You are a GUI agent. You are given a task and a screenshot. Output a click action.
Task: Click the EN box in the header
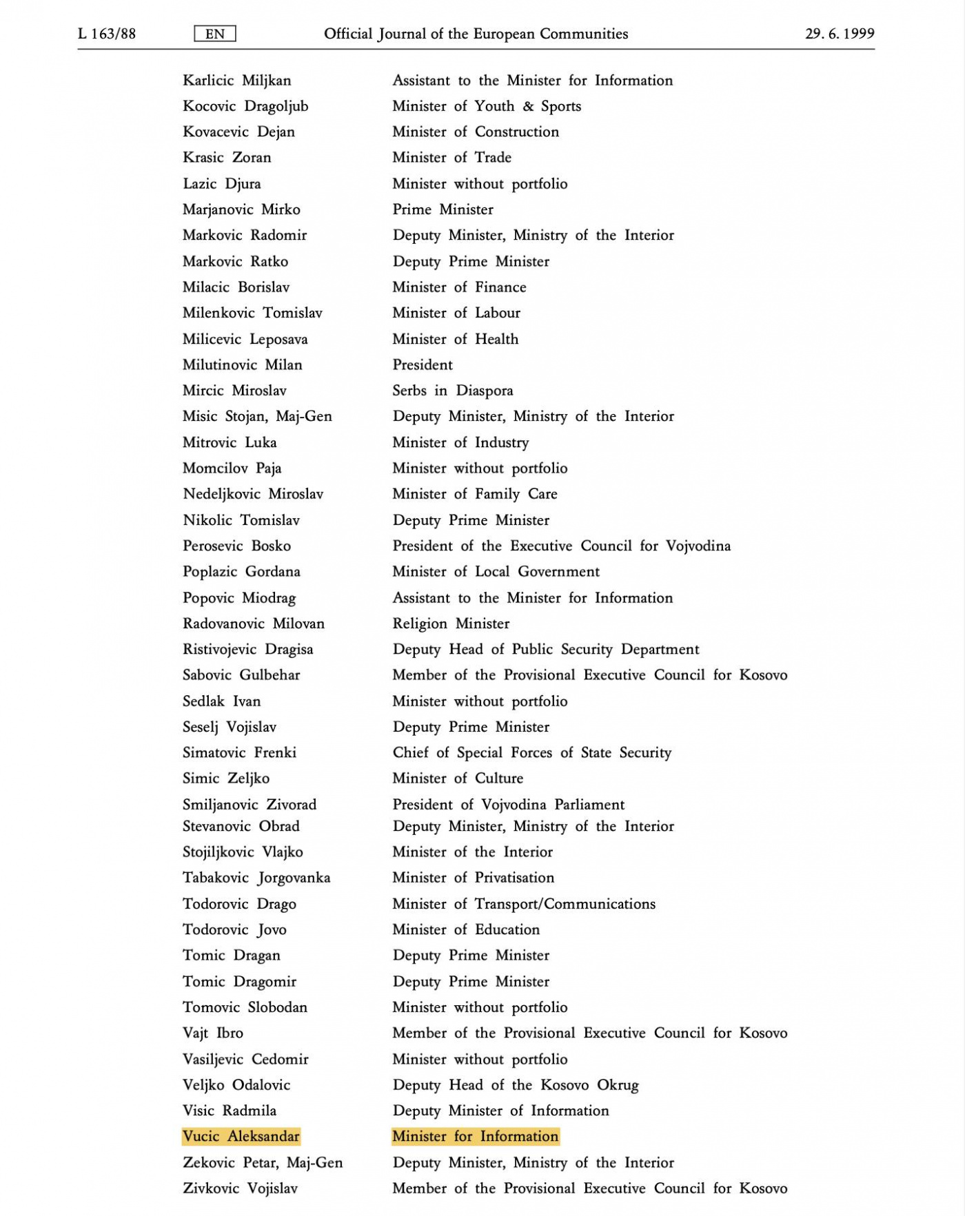215,34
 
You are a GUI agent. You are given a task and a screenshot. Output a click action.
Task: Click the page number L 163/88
107,34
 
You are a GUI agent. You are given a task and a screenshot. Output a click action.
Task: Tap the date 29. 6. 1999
839,34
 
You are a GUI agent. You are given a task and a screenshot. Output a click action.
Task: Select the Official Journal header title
476,34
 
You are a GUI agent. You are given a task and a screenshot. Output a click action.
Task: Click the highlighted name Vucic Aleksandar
241,1136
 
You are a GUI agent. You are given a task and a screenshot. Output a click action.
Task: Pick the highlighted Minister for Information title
476,1136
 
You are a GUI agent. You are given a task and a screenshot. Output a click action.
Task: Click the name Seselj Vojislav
230,727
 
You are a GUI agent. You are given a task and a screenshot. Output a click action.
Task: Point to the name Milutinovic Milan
243,364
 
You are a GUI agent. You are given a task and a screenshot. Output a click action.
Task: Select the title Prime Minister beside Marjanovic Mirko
443,209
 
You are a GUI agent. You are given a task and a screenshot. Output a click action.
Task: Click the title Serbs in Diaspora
453,391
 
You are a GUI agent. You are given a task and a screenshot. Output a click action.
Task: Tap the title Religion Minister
451,624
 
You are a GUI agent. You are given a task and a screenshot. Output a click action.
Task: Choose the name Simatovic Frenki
239,752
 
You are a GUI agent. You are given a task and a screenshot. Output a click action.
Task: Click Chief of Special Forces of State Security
531,752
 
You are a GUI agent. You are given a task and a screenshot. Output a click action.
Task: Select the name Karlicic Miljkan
237,81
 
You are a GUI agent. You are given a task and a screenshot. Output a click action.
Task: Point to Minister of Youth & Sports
487,106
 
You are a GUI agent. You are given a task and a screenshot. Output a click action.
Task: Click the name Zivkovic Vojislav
240,1188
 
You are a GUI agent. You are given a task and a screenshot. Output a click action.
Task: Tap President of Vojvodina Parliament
508,804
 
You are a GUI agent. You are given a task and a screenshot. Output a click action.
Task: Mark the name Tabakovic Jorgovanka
256,878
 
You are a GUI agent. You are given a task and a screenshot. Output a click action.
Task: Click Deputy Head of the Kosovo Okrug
516,1084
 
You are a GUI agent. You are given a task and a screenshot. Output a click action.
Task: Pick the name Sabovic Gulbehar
241,675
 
